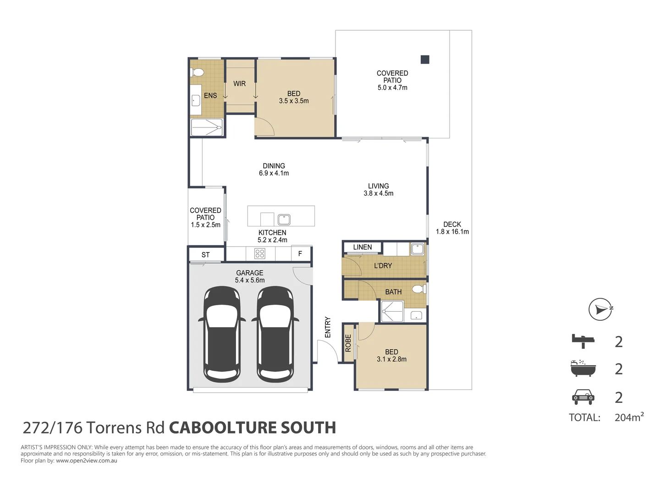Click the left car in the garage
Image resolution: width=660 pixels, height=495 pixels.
pyautogui.click(x=222, y=334)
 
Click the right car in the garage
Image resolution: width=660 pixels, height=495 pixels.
pyautogui.click(x=275, y=334)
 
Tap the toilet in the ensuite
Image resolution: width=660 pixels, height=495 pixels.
pyautogui.click(x=198, y=72)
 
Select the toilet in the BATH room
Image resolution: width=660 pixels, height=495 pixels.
pyautogui.click(x=418, y=289)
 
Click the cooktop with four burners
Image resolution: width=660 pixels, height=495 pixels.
pyautogui.click(x=260, y=253)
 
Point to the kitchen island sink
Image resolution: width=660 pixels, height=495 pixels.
pyautogui.click(x=284, y=219)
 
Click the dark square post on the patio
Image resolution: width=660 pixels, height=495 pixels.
pyautogui.click(x=425, y=59)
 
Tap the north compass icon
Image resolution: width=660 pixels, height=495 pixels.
pyautogui.click(x=600, y=309)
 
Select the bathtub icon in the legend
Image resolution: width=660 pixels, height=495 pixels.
pyautogui.click(x=583, y=368)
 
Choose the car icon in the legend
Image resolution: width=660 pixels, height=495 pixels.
pyautogui.click(x=583, y=396)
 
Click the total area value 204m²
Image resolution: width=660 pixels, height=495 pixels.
pyautogui.click(x=629, y=417)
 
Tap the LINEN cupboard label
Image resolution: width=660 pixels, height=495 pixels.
pyautogui.click(x=362, y=247)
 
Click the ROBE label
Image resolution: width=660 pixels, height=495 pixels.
pyautogui.click(x=348, y=343)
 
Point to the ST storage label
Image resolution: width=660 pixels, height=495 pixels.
pyautogui.click(x=205, y=255)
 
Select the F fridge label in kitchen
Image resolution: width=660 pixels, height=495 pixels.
pyautogui.click(x=300, y=253)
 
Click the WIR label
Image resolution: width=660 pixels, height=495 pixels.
pyautogui.click(x=239, y=83)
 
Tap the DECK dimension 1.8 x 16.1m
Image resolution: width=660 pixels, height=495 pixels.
pyautogui.click(x=452, y=231)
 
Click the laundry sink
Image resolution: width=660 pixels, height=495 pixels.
pyautogui.click(x=417, y=249)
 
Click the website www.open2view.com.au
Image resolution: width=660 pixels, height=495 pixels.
pyautogui.click(x=87, y=461)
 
